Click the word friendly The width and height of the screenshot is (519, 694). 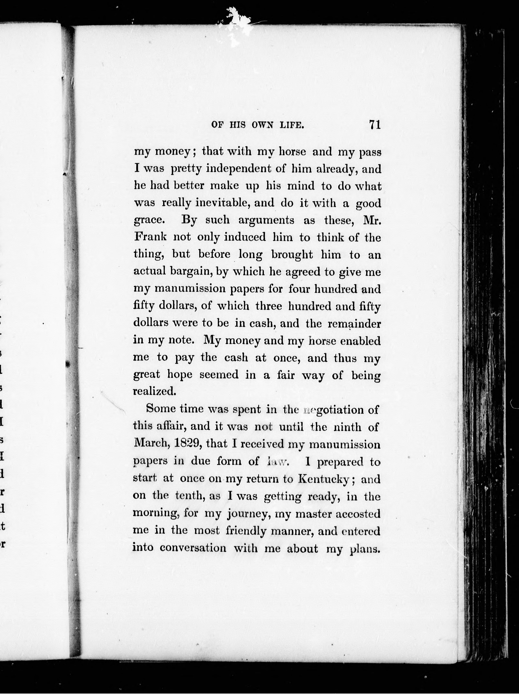pyautogui.click(x=246, y=531)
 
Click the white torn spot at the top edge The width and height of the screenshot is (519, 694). pyautogui.click(x=238, y=22)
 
